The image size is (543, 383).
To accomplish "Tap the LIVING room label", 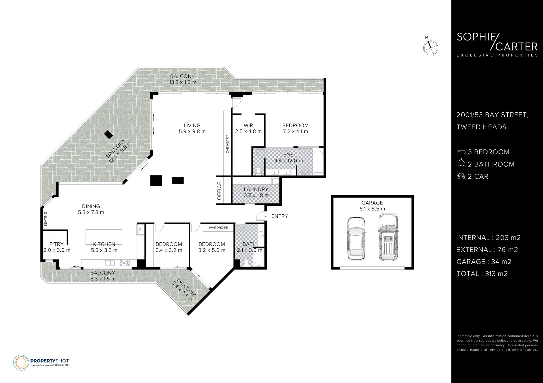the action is click(x=192, y=125).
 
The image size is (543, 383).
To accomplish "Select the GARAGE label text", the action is click(x=372, y=203).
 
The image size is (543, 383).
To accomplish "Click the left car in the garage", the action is click(x=356, y=238).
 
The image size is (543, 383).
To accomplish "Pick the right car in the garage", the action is click(x=388, y=237).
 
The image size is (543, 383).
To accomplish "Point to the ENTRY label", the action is click(x=279, y=216).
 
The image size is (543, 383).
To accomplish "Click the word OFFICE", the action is click(x=219, y=191).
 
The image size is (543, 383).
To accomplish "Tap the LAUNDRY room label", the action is click(x=256, y=189).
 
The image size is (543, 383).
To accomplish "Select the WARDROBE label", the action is click(x=218, y=228).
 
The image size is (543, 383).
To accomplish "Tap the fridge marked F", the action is click(x=140, y=229).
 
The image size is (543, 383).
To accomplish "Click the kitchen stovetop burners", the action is click(x=124, y=263).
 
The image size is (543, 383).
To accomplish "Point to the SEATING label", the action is click(x=46, y=219).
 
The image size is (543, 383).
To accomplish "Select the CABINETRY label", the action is click(x=227, y=144).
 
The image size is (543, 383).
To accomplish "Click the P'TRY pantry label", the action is click(x=57, y=244).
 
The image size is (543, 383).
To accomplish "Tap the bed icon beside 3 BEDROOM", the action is click(x=461, y=152).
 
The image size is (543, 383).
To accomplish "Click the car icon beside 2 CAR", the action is click(x=461, y=176).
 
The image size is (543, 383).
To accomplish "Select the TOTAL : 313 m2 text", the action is click(x=482, y=274).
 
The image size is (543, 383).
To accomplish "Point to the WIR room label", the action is click(x=248, y=125).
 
